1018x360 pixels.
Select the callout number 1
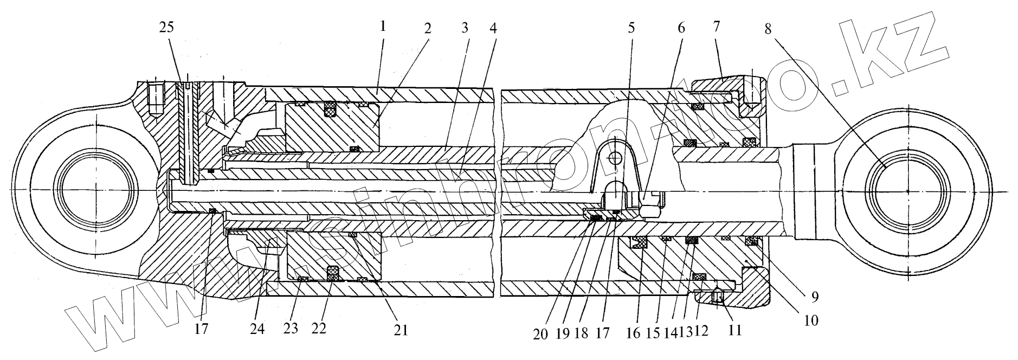tap(383, 27)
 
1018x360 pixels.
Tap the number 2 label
tap(427, 28)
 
